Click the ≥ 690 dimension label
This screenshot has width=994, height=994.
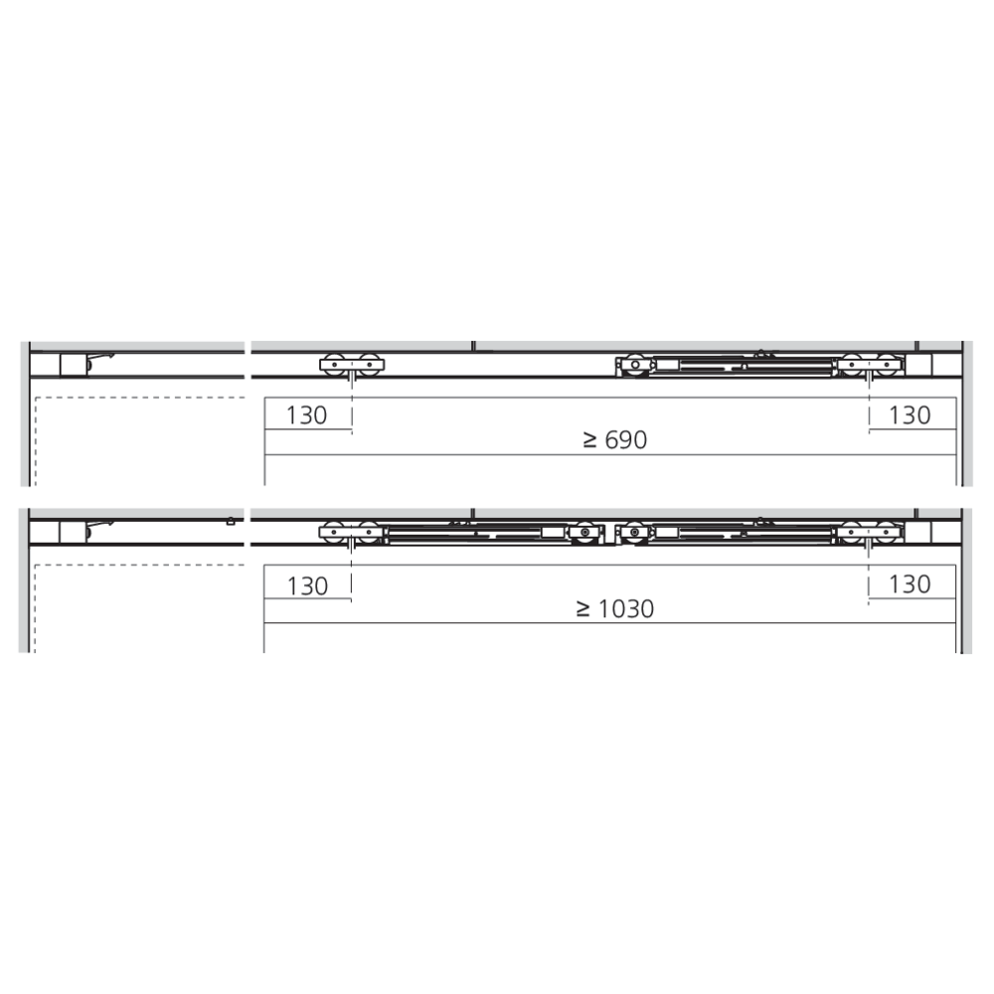click(x=615, y=439)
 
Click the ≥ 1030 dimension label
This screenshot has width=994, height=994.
click(x=615, y=608)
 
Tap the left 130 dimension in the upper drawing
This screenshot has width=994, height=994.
click(x=307, y=415)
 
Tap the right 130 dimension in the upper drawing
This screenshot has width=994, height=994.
click(x=910, y=415)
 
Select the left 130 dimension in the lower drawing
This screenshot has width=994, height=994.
click(x=307, y=585)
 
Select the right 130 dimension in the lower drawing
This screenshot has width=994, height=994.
click(x=910, y=583)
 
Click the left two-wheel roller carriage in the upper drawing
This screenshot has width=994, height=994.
click(x=352, y=365)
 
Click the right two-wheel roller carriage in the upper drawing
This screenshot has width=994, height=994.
click(x=869, y=365)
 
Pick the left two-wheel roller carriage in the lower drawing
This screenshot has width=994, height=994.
click(x=351, y=533)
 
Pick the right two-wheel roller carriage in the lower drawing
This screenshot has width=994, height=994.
click(x=869, y=533)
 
